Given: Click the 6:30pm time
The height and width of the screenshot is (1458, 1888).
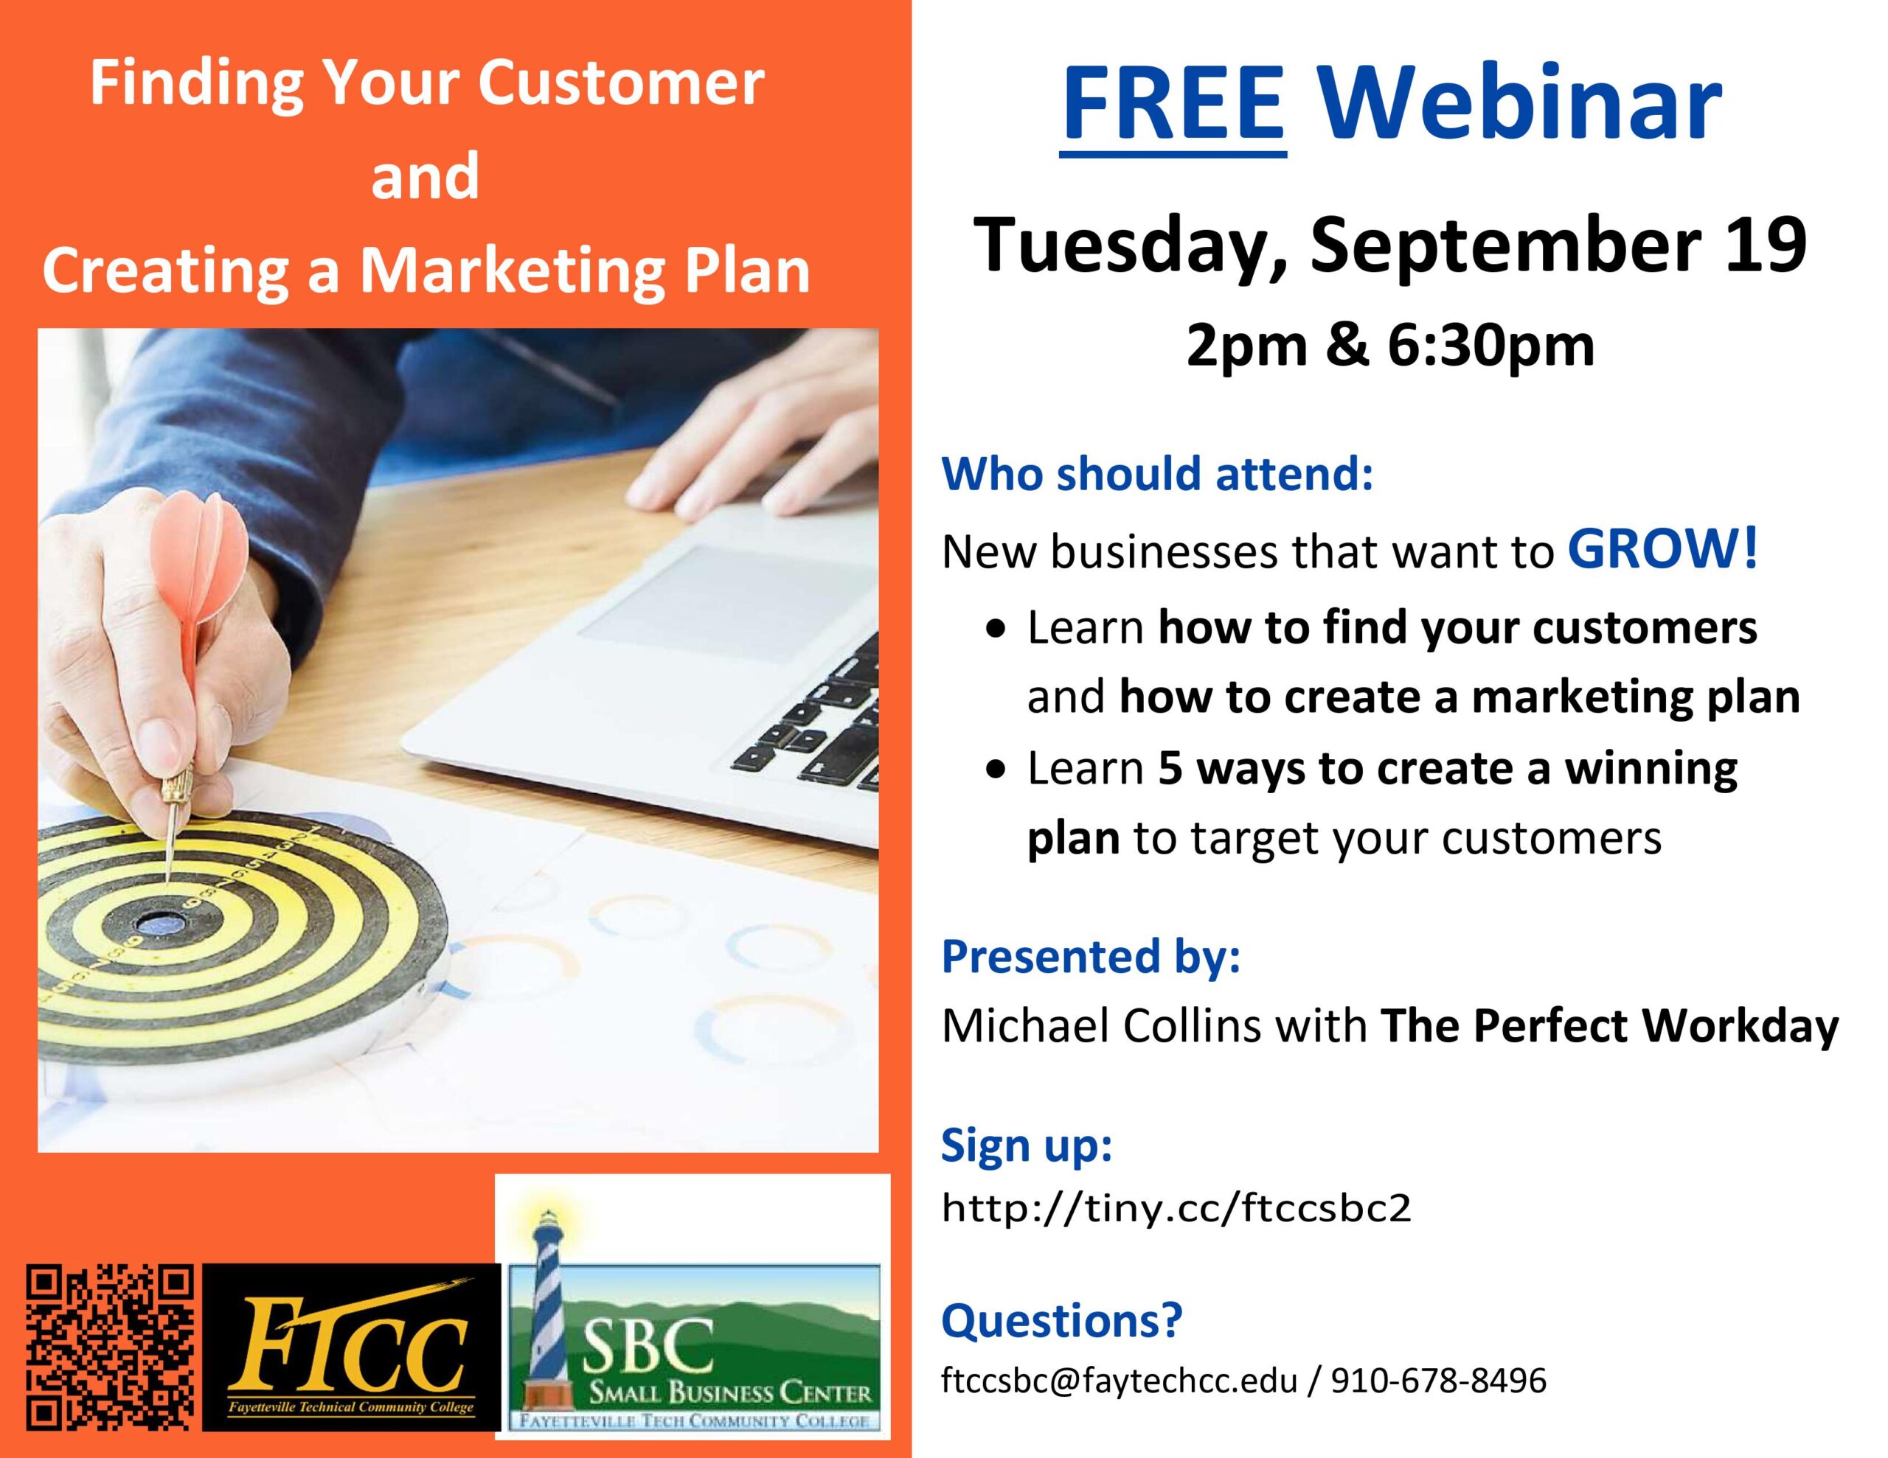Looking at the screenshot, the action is pos(1490,346).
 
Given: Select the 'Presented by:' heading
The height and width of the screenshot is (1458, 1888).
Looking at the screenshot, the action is pos(1091,957).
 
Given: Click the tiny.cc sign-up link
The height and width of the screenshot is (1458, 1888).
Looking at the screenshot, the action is pos(1176,1207).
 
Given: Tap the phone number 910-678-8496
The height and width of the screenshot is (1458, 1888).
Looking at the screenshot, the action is pos(1438,1380).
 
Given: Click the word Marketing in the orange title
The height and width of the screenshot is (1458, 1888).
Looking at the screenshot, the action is pos(510,271).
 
